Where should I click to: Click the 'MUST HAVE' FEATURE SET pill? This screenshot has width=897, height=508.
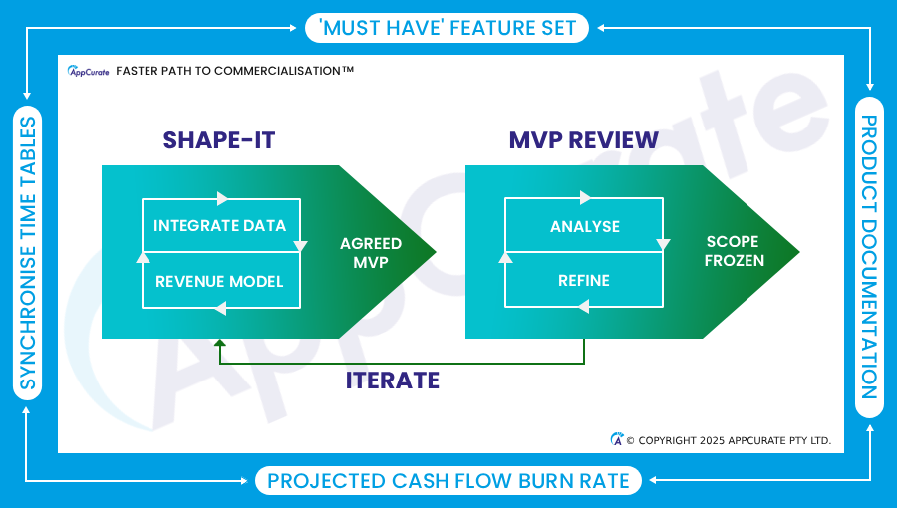(x=447, y=28)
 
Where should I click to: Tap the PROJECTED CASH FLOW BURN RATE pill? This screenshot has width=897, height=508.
(x=448, y=480)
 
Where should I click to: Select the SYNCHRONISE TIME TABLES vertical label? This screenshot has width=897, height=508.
(x=28, y=253)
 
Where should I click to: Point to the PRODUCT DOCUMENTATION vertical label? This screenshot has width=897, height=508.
(x=869, y=257)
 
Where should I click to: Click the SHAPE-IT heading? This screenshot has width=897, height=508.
(x=219, y=140)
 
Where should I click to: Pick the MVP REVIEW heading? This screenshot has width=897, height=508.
(x=583, y=140)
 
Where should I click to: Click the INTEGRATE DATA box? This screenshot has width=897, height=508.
(x=221, y=225)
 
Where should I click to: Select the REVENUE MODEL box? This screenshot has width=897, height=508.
(x=221, y=281)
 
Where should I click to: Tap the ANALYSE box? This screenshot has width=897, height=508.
(x=584, y=226)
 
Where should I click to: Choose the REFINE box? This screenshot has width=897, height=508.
(x=584, y=280)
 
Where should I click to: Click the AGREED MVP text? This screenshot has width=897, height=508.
(x=371, y=253)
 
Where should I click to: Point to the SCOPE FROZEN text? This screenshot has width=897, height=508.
(x=734, y=251)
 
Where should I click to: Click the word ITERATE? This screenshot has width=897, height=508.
(x=393, y=381)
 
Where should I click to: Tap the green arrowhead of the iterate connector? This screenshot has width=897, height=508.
(x=219, y=343)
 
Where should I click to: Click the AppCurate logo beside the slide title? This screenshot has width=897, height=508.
(x=88, y=71)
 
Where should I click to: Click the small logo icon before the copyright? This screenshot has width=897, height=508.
(x=617, y=439)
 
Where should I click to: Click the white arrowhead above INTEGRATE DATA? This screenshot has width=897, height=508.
(x=222, y=198)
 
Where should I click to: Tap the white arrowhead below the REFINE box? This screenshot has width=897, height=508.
(x=583, y=307)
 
